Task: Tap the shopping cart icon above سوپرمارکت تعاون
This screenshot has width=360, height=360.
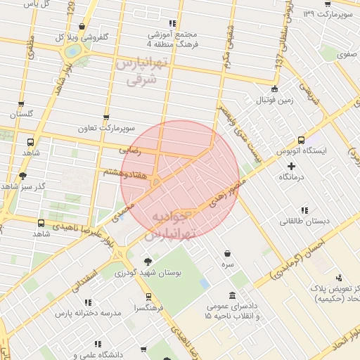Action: (x=106, y=117)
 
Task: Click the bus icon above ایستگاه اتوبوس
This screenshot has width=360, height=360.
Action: (x=302, y=141)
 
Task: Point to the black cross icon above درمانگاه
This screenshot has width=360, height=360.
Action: (x=292, y=166)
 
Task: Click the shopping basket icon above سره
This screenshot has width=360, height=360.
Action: (x=227, y=254)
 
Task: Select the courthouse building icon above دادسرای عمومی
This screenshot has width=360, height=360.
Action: (x=233, y=295)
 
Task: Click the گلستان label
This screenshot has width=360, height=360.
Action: (x=21, y=114)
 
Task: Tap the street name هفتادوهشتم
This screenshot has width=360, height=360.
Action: (x=126, y=172)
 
